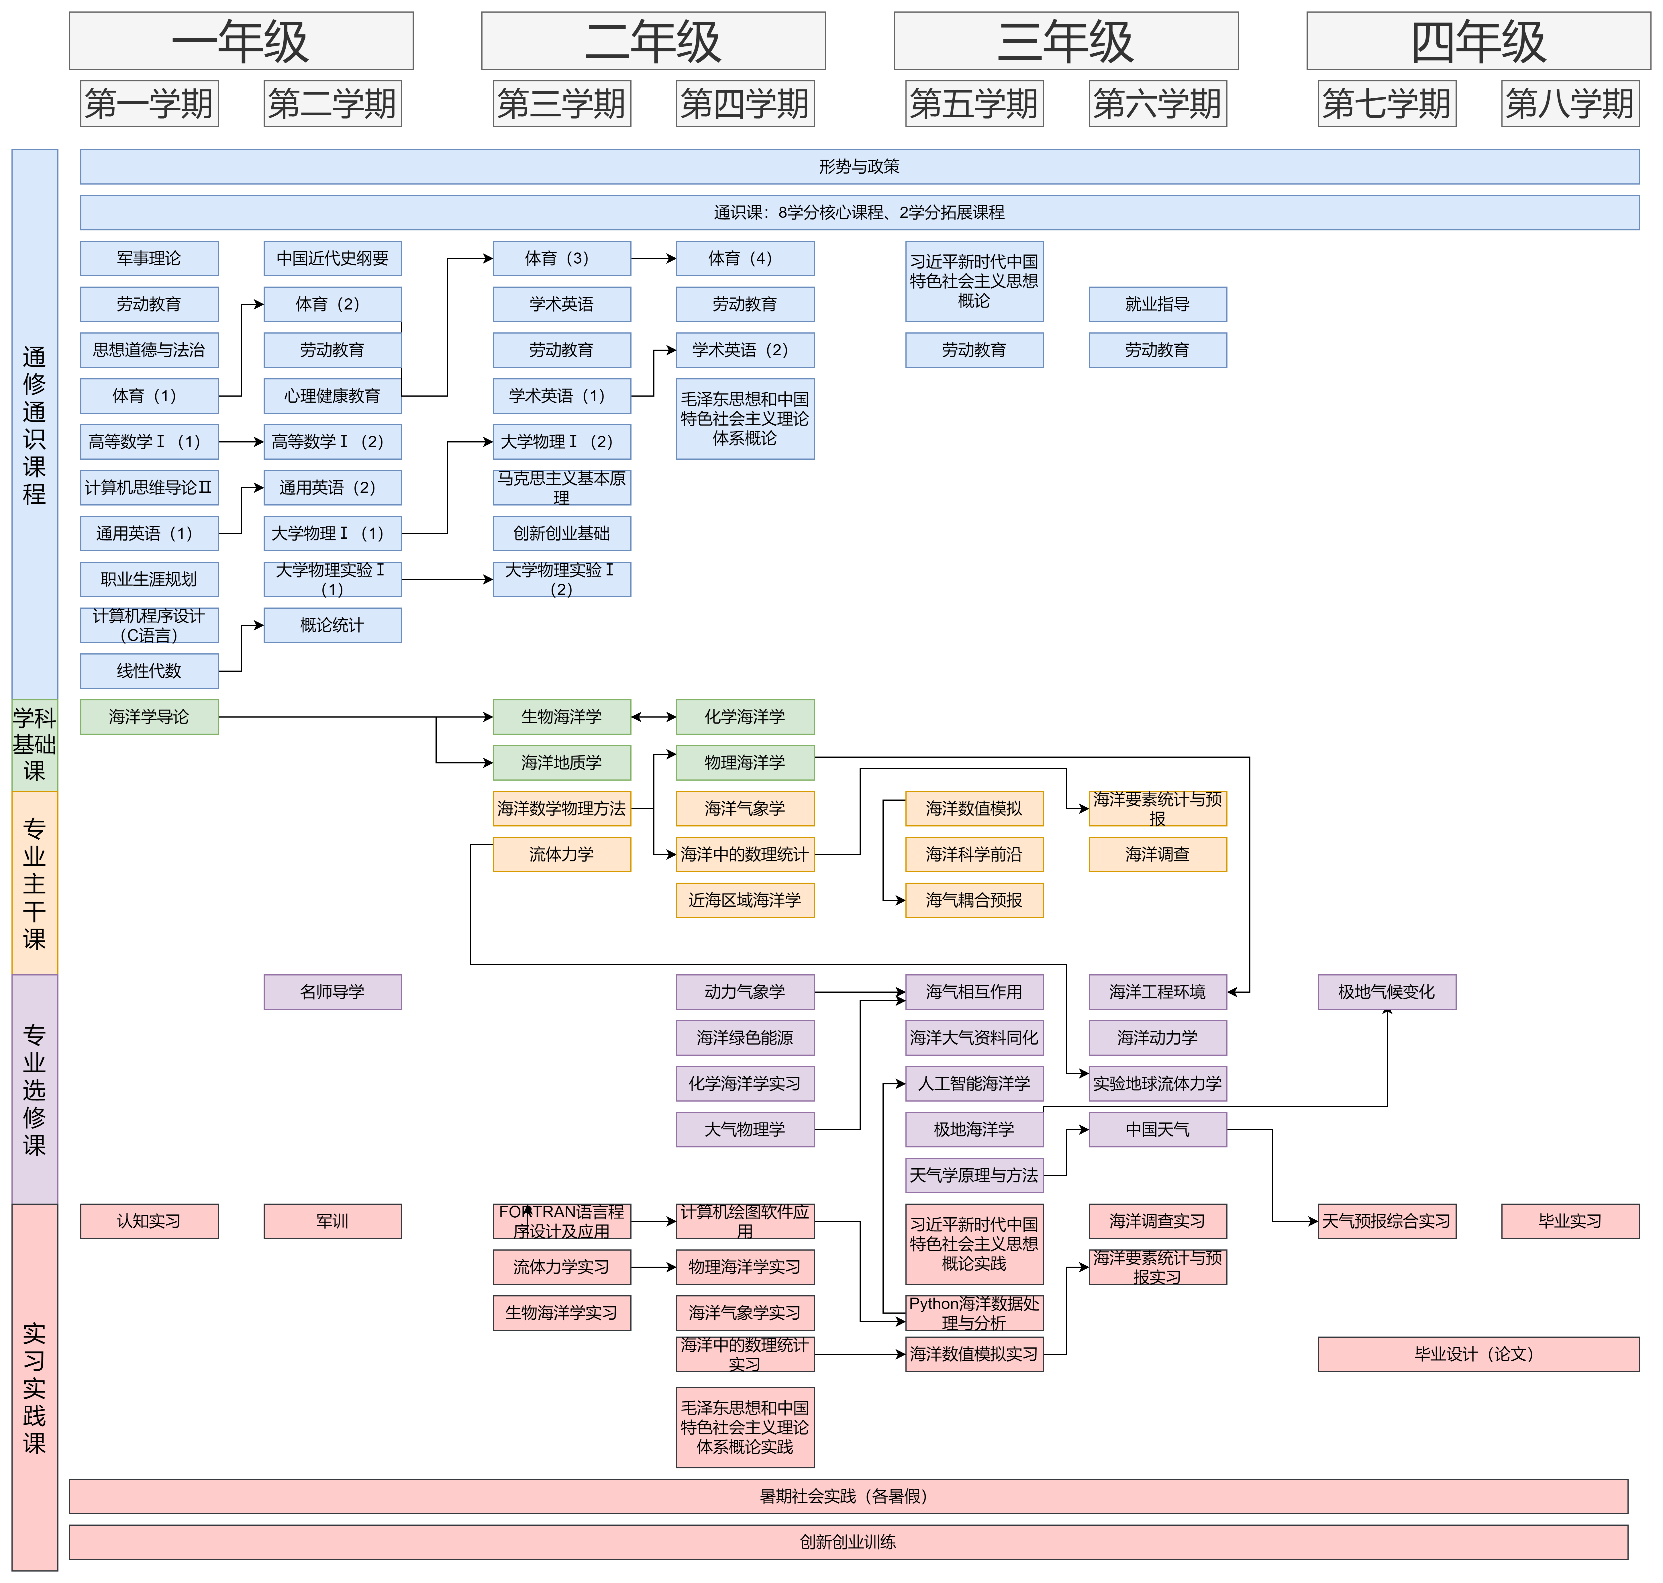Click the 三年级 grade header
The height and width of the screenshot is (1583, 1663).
pyautogui.click(x=1066, y=40)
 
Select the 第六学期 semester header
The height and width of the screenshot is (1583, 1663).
pyautogui.click(x=1157, y=104)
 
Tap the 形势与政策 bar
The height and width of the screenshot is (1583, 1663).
pyautogui.click(x=859, y=166)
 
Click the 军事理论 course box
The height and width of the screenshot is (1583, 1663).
pyautogui.click(x=149, y=258)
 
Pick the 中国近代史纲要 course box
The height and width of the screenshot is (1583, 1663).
pyautogui.click(x=332, y=258)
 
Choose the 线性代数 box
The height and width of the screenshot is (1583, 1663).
pyautogui.click(x=149, y=671)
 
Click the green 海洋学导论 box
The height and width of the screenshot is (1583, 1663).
pyautogui.click(x=149, y=716)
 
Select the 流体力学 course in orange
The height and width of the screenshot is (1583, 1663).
pyautogui.click(x=561, y=854)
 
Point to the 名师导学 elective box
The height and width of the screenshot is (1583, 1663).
pyautogui.click(x=332, y=992)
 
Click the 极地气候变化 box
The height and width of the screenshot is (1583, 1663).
pyautogui.click(x=1386, y=992)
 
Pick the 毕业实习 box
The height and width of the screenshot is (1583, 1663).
pyautogui.click(x=1569, y=1221)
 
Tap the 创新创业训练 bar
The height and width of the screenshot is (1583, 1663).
pyautogui.click(x=848, y=1542)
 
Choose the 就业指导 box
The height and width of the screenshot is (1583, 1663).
pyautogui.click(x=1157, y=304)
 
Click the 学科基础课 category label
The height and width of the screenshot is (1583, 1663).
pyautogui.click(x=35, y=744)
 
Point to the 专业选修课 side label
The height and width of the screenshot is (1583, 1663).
pyautogui.click(x=35, y=1088)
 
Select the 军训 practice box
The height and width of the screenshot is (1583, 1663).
pyautogui.click(x=332, y=1221)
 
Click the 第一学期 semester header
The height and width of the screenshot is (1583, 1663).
pyautogui.click(x=149, y=104)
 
